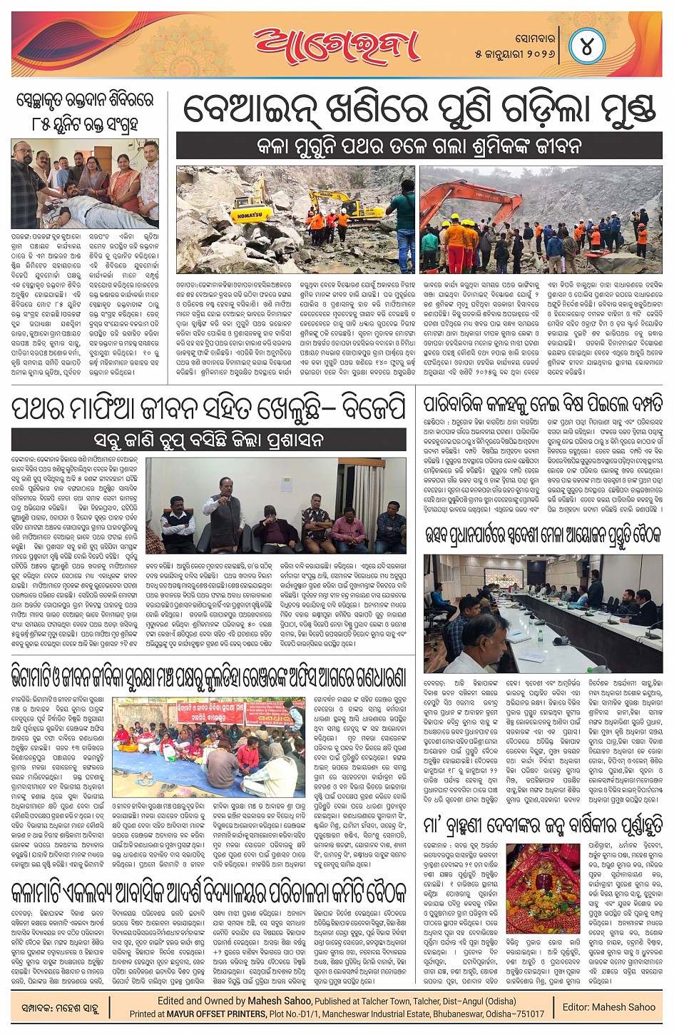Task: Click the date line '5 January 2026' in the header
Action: [x=514, y=54]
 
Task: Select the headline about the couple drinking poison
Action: [x=542, y=403]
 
